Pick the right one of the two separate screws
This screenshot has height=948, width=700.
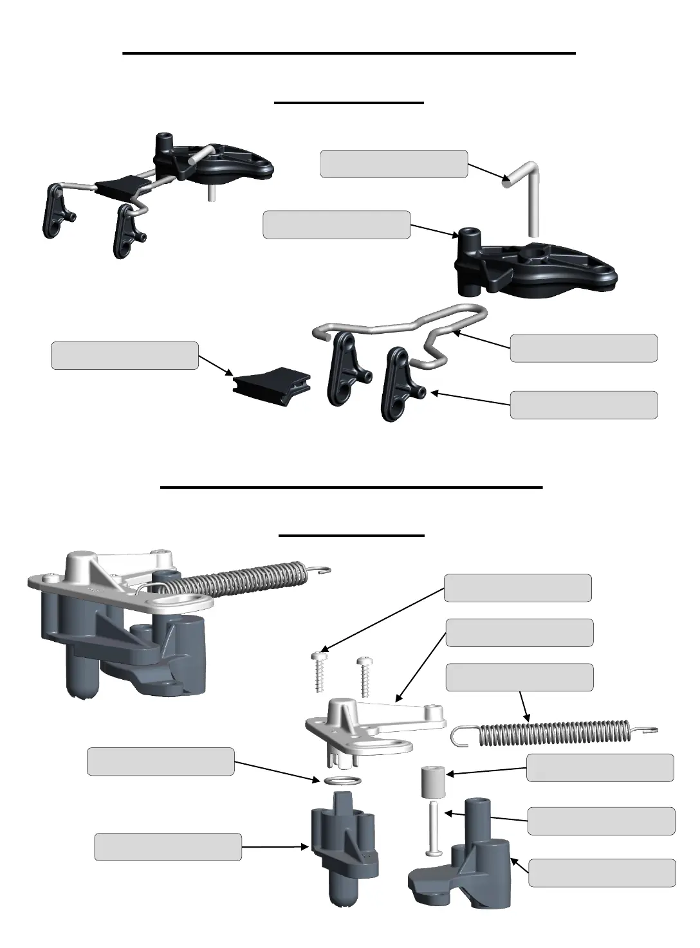(365, 677)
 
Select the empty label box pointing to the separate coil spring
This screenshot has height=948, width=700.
(519, 677)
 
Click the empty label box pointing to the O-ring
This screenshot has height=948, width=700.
(160, 761)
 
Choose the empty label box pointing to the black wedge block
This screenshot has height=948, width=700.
(124, 356)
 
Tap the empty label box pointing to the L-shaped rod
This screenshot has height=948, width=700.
(394, 163)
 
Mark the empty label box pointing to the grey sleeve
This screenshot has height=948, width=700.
(600, 768)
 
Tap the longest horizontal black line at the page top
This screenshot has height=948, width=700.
(349, 53)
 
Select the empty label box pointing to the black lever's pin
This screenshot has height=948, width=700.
(584, 405)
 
